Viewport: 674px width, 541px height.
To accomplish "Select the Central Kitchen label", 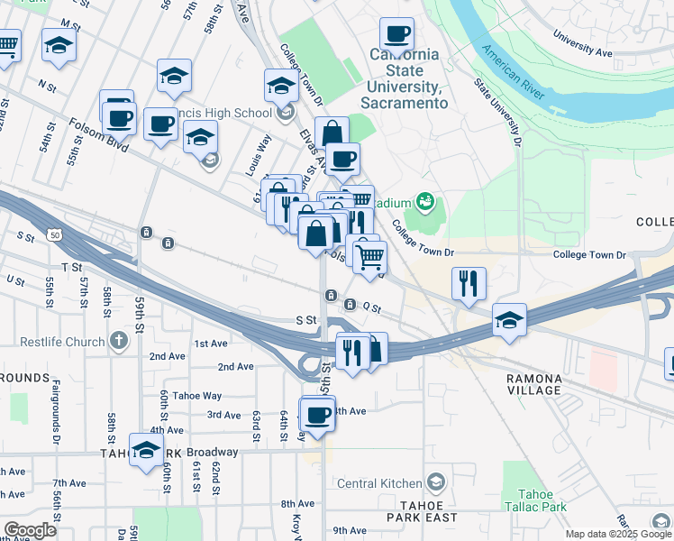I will tap(381, 482).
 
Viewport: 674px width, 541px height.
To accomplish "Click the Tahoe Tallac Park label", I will tap(542, 500).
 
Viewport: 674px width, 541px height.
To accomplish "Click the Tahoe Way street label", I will tap(197, 396).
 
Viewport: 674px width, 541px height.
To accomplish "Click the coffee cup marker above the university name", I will tap(396, 35).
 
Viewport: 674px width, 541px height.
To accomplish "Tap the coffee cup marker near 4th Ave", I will tap(317, 416).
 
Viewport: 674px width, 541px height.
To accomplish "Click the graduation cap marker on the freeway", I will tap(509, 320).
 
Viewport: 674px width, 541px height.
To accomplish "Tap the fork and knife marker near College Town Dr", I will tap(469, 283).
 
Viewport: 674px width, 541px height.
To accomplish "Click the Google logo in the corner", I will tap(30, 530).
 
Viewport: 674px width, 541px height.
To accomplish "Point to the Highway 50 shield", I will tap(56, 235).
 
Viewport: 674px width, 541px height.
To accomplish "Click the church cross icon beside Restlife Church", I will tap(118, 342).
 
